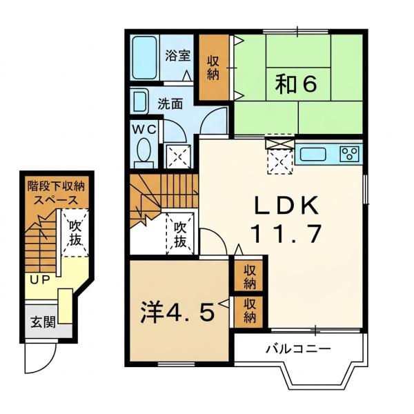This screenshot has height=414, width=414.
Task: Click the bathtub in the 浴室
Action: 144,57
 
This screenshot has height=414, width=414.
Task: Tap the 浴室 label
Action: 177,55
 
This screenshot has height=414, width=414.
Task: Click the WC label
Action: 144,130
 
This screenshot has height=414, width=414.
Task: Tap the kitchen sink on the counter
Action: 313,154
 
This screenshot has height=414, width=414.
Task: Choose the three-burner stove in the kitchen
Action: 350,153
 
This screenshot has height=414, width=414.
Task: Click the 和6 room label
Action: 296,84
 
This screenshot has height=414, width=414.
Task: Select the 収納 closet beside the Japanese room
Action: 213,68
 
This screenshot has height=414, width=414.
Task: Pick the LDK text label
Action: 286,206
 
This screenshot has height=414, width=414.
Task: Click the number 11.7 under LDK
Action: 287,233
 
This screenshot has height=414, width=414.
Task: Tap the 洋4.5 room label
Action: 177,313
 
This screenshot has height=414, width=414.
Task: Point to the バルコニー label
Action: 298,349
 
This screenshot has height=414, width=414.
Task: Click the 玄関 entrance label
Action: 43,322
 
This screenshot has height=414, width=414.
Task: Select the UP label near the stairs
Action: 40,280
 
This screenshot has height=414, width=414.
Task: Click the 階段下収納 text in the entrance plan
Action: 57,187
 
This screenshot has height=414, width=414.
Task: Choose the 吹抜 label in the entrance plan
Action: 75,233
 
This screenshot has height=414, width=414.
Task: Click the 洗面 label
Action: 170,104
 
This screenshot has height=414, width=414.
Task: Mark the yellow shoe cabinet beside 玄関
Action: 66,306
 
